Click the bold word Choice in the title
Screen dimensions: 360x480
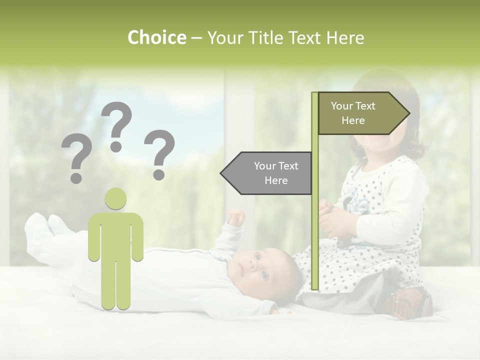[156, 38]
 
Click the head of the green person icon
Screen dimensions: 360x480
[115, 198]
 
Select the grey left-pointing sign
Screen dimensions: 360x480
[267, 173]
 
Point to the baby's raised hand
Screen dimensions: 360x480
[236, 217]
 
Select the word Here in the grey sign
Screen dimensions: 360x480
[276, 180]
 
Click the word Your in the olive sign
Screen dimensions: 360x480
[342, 106]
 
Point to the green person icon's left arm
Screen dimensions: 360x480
[93, 240]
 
